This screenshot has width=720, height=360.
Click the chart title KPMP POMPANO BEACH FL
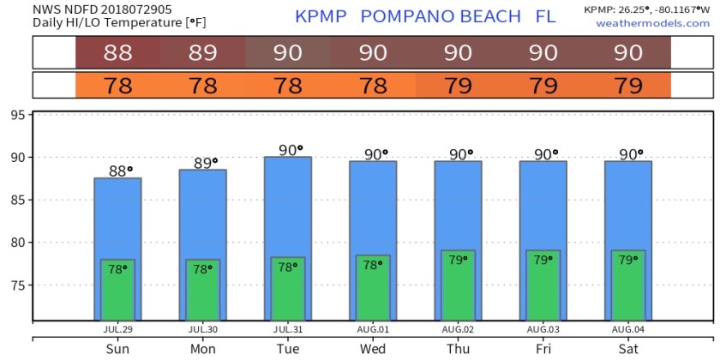(x=425, y=16)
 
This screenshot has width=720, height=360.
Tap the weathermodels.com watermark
(x=652, y=23)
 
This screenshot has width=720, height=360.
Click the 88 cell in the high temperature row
(x=117, y=53)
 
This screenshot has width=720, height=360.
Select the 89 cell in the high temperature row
(x=202, y=53)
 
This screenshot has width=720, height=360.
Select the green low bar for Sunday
(x=117, y=290)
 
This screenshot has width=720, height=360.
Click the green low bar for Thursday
(x=458, y=285)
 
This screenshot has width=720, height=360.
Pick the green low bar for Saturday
(x=628, y=285)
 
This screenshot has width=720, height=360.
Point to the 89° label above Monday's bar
(x=206, y=163)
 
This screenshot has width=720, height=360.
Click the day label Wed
(x=373, y=348)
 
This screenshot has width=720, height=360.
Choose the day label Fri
(x=543, y=348)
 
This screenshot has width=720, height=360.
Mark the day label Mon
(x=203, y=348)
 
